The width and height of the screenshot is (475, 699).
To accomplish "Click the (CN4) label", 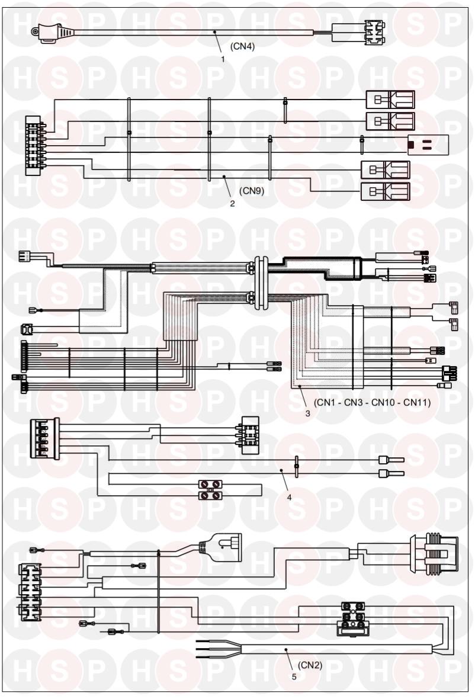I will click(242, 48).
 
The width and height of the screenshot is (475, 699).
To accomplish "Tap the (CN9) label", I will click(251, 191).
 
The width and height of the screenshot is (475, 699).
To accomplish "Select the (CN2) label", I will click(310, 665).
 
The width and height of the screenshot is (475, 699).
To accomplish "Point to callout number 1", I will click(223, 59).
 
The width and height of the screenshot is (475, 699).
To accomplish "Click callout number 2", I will click(232, 203).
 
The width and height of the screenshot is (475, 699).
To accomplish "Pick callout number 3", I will click(307, 413).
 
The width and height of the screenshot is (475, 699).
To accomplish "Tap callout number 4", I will click(289, 497).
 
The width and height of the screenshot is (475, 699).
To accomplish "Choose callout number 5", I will click(294, 676).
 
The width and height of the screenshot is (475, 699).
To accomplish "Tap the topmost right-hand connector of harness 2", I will click(390, 100).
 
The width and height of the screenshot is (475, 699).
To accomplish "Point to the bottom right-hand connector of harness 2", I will click(385, 191).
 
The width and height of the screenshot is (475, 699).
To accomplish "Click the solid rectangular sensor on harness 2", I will click(428, 143).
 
